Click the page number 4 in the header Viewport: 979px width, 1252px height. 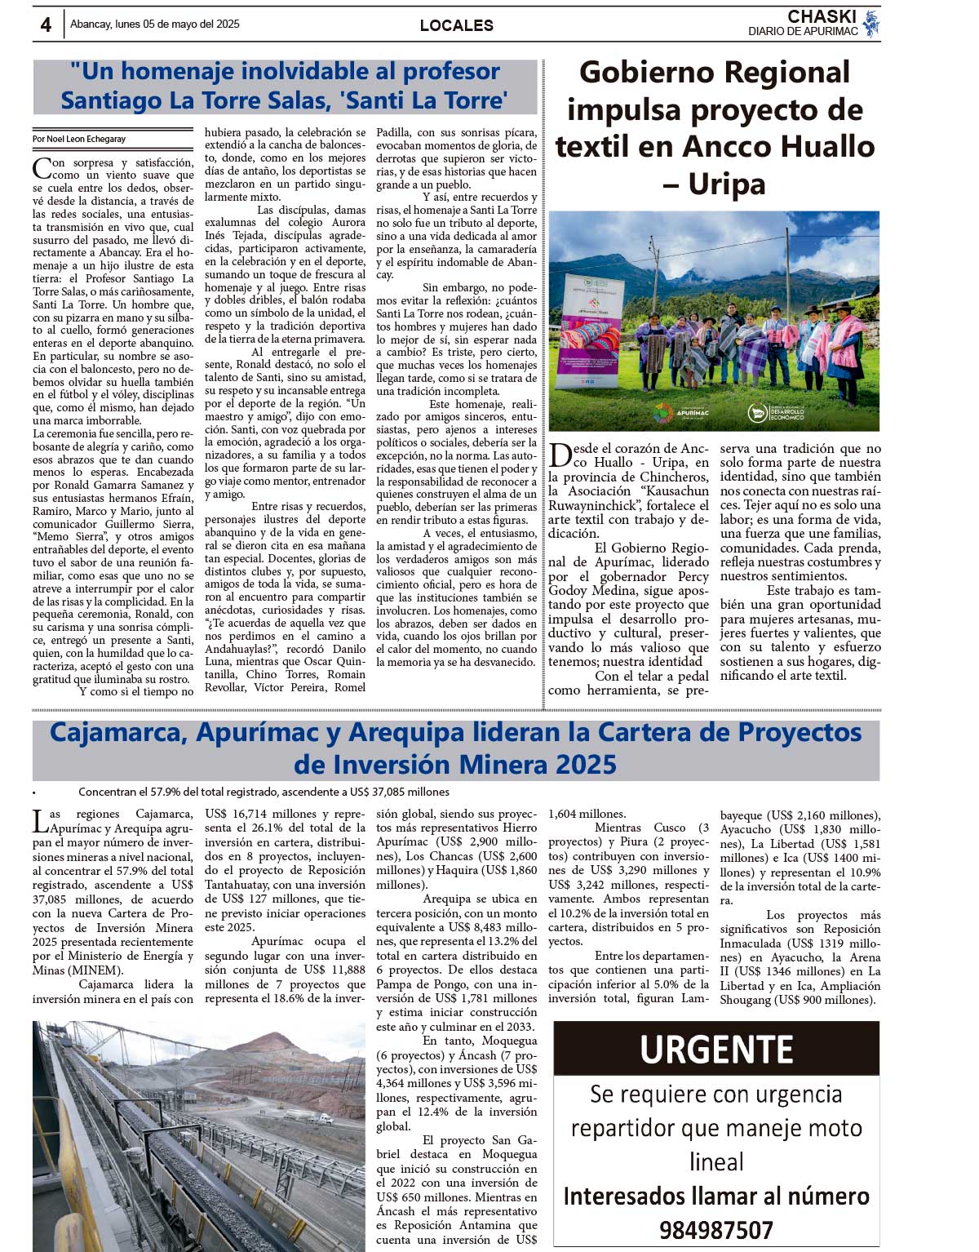(46, 24)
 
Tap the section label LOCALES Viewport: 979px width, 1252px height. (456, 25)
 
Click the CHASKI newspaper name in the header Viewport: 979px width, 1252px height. (822, 16)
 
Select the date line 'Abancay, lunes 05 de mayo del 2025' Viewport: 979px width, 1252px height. (155, 24)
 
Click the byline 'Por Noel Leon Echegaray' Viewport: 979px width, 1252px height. (80, 139)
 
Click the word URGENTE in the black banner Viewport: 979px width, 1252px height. (716, 1049)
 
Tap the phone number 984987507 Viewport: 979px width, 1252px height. (716, 1230)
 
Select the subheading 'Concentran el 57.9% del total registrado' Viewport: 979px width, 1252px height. (264, 792)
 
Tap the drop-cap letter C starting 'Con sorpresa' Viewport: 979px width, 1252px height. (42, 168)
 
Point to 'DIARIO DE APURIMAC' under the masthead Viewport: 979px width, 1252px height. (803, 32)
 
